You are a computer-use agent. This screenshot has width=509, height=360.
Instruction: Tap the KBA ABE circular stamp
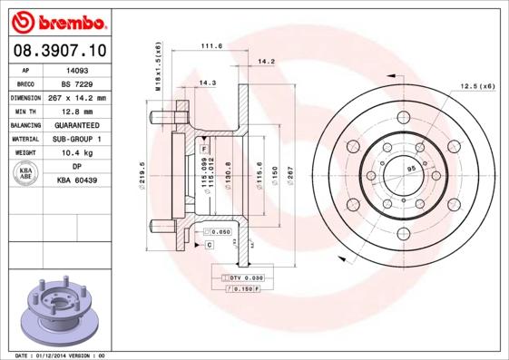pyautogui.click(x=27, y=174)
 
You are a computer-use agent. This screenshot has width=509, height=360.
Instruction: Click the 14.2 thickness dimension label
pyautogui.click(x=266, y=62)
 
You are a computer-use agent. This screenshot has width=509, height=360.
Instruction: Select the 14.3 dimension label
pyautogui.click(x=207, y=83)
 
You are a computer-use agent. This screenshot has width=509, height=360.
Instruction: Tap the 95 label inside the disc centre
pyautogui.click(x=410, y=170)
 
